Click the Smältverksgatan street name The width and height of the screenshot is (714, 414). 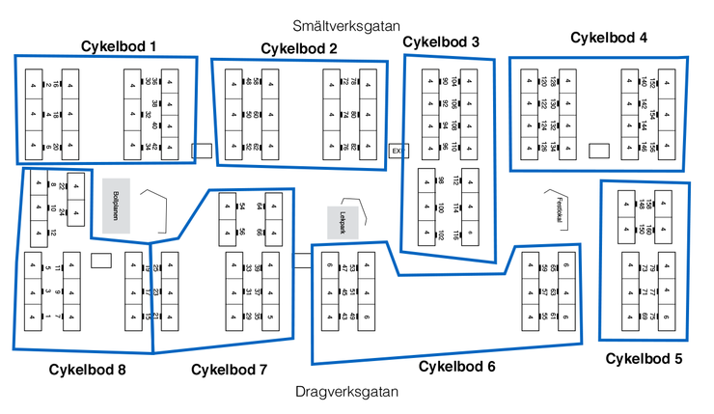346,26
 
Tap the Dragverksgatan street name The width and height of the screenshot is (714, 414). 346,391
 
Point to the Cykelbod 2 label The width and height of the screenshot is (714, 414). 299,48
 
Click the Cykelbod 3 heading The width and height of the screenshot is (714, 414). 441,41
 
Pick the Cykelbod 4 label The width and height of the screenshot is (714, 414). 609,38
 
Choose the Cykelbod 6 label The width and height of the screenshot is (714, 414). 457,367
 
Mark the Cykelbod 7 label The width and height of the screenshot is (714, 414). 230,369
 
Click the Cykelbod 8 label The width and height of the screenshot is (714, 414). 88,369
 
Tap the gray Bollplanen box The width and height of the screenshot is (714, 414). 117,205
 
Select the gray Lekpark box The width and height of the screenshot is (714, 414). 342,223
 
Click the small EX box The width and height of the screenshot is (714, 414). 395,151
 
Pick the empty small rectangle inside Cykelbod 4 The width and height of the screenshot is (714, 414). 599,151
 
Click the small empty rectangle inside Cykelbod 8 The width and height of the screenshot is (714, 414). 101,260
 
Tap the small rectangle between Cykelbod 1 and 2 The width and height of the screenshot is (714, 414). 202,151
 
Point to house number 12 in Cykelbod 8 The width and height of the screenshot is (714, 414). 54,233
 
